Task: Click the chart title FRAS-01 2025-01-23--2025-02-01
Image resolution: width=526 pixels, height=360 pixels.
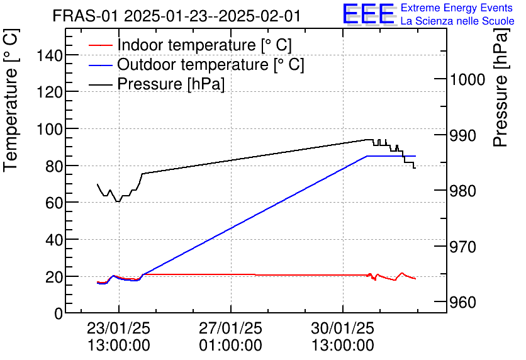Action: (x=177, y=16)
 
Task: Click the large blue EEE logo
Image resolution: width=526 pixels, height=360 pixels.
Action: (x=368, y=14)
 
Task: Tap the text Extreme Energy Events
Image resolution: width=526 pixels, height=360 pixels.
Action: (x=457, y=8)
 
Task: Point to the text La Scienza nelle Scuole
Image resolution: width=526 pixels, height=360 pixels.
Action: (x=457, y=21)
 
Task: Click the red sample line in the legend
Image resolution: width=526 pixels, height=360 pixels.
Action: (x=101, y=45)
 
